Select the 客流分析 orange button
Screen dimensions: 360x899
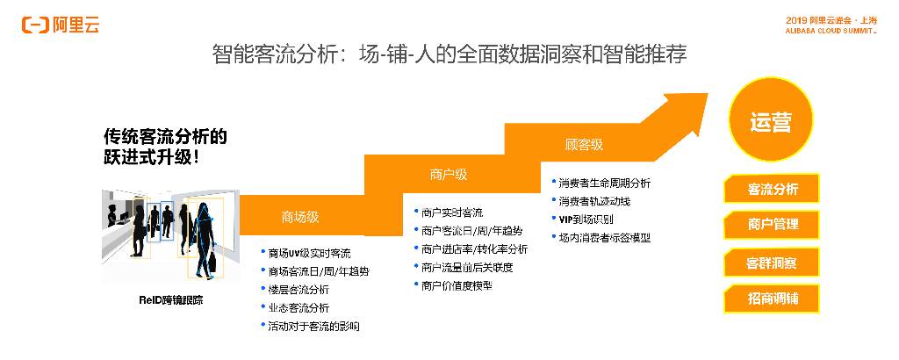pos(773,189)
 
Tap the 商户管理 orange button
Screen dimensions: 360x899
pos(773,225)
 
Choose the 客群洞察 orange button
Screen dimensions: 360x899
pos(773,263)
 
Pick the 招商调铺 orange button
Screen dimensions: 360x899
pos(773,299)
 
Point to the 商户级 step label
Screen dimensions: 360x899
pos(449,174)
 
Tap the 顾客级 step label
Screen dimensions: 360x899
pos(584,144)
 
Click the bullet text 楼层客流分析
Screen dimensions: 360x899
pos(298,289)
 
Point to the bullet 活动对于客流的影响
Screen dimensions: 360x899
pos(313,326)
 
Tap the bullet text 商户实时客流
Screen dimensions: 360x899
pos(452,212)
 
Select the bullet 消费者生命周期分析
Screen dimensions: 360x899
pos(606,184)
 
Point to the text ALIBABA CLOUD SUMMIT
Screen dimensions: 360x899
pos(830,29)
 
